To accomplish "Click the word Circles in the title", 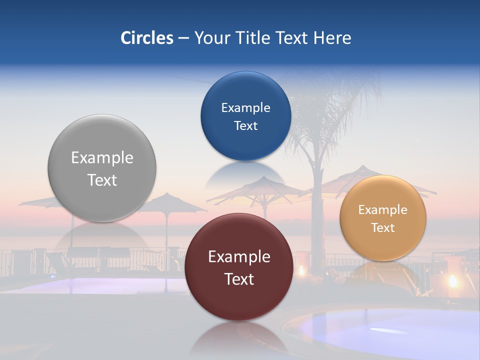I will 146,38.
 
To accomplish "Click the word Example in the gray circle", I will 102,158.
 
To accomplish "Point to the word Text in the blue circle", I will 245,126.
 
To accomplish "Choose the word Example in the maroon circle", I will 239,257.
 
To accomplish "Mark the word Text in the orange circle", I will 383,228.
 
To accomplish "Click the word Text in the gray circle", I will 102,180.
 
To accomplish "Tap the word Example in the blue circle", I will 245,108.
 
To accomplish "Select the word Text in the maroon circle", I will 239,279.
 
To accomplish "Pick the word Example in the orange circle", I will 383,210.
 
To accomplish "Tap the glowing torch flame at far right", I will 453,281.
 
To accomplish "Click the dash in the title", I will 183,38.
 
